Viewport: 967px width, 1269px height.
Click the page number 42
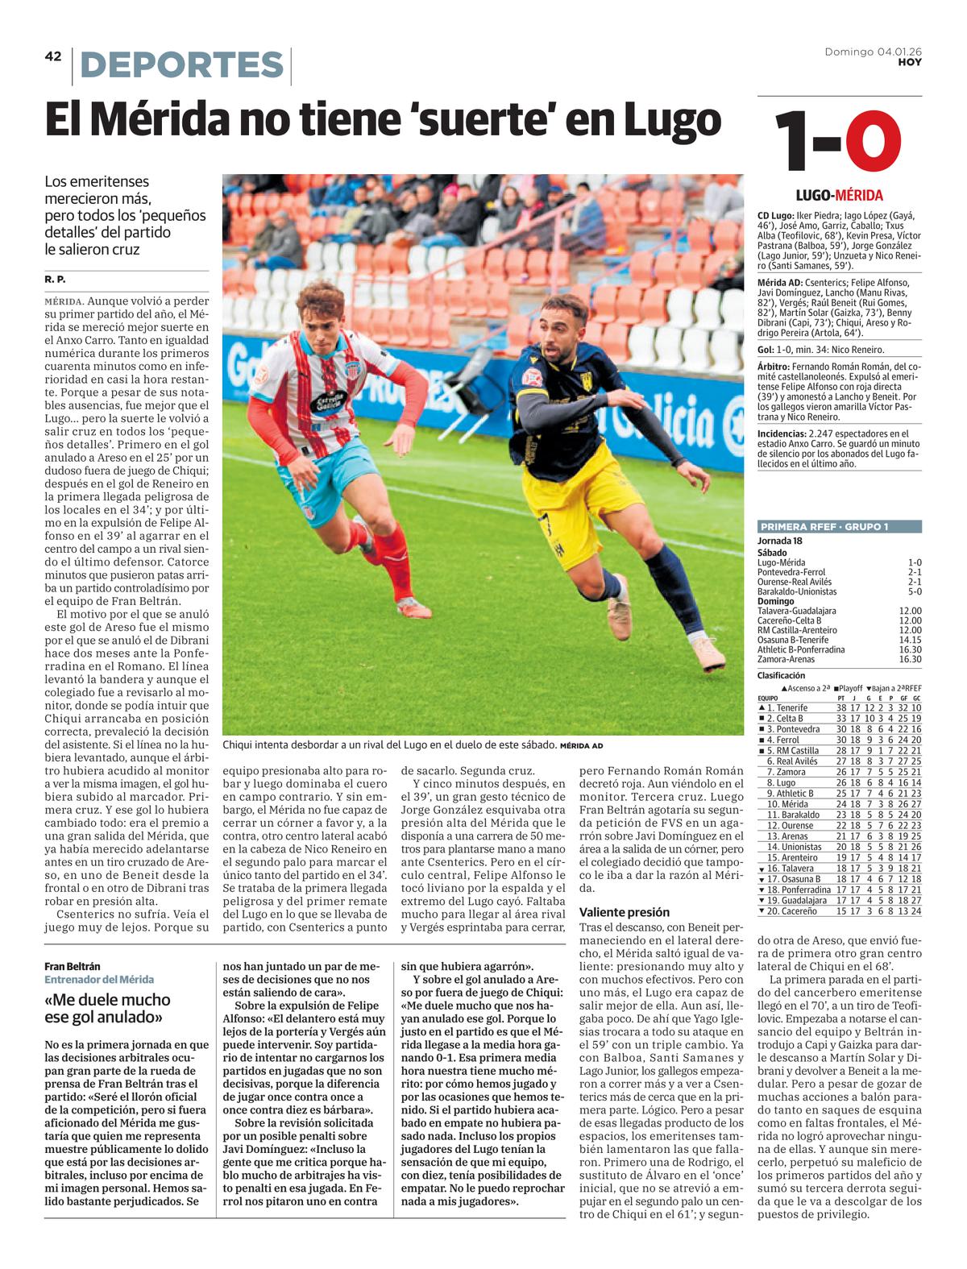click(x=53, y=56)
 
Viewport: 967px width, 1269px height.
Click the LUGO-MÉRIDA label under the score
click(x=839, y=195)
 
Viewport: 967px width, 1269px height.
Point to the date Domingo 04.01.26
click(x=874, y=52)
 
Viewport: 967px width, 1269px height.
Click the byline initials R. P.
click(x=56, y=279)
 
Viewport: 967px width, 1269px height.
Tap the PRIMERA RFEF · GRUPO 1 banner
click(x=839, y=527)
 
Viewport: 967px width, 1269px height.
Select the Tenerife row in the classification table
click(x=839, y=707)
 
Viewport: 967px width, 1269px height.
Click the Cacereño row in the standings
click(x=839, y=910)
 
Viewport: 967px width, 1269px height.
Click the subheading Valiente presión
click(x=624, y=912)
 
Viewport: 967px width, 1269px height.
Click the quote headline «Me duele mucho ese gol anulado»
click(x=107, y=1008)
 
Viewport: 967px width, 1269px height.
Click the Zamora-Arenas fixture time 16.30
click(x=910, y=659)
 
